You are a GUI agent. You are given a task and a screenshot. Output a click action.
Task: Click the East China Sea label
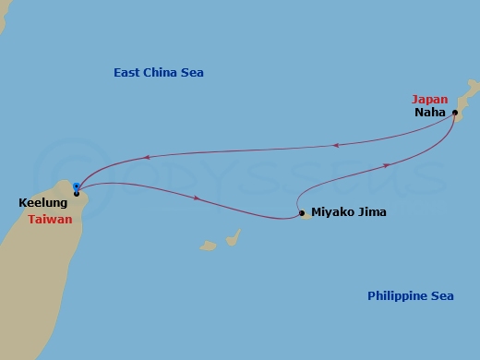click(158, 73)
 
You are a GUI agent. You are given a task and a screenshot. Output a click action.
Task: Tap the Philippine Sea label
click(410, 295)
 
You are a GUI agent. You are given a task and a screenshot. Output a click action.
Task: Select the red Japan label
click(430, 99)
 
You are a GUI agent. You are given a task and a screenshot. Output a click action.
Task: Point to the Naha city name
click(431, 113)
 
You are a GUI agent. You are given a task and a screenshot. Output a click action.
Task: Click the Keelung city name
click(42, 202)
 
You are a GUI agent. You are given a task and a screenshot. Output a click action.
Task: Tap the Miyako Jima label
click(349, 212)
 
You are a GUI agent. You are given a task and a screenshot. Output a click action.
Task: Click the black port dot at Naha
click(455, 113)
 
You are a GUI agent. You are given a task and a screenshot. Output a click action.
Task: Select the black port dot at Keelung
click(76, 193)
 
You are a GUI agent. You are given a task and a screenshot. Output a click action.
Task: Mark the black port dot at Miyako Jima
click(302, 213)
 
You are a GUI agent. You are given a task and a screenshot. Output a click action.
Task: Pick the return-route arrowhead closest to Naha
click(336, 144)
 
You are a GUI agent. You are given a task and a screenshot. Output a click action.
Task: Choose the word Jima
click(370, 212)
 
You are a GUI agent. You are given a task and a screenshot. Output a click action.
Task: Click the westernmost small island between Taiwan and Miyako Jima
click(209, 246)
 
